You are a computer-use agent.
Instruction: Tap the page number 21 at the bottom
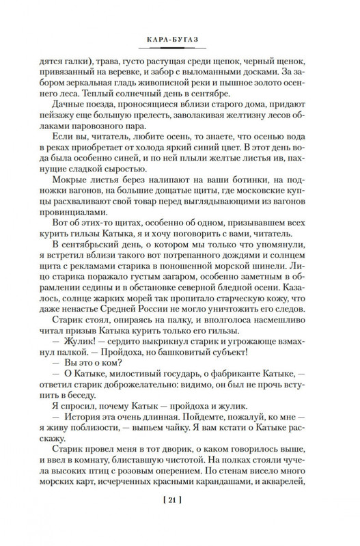point(180,525)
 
